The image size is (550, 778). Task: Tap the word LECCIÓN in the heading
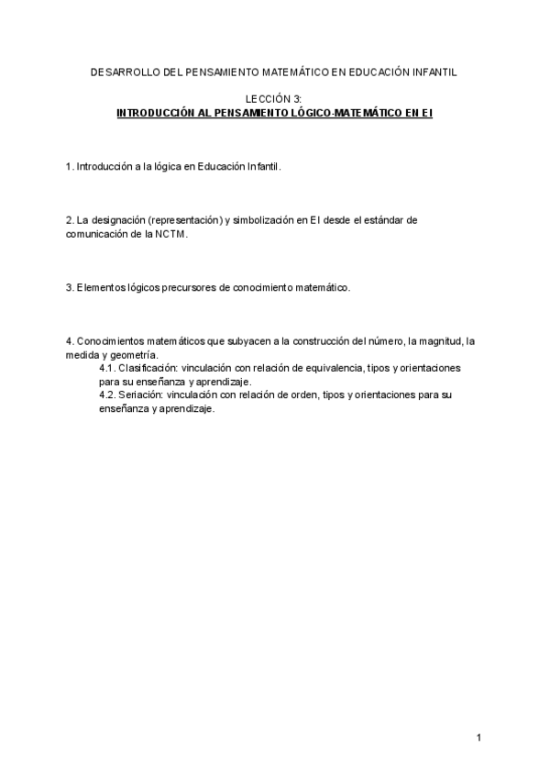266,98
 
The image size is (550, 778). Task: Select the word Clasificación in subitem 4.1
147,368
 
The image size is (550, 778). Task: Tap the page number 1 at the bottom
478,737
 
